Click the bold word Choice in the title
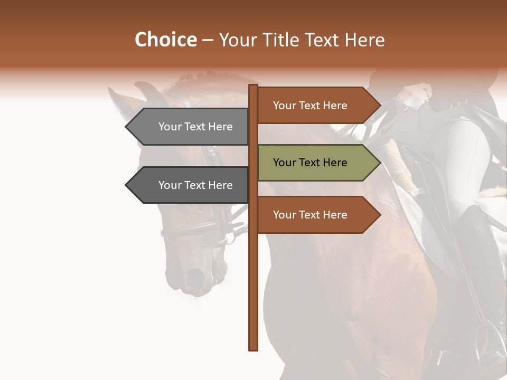point(165,40)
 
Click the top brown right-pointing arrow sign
point(317,106)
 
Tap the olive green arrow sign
point(317,163)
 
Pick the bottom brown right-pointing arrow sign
point(317,215)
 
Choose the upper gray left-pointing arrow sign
point(190,127)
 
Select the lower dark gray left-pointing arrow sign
point(190,185)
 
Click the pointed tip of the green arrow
point(379,163)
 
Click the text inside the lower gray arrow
point(195,185)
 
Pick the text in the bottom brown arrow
point(310,215)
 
